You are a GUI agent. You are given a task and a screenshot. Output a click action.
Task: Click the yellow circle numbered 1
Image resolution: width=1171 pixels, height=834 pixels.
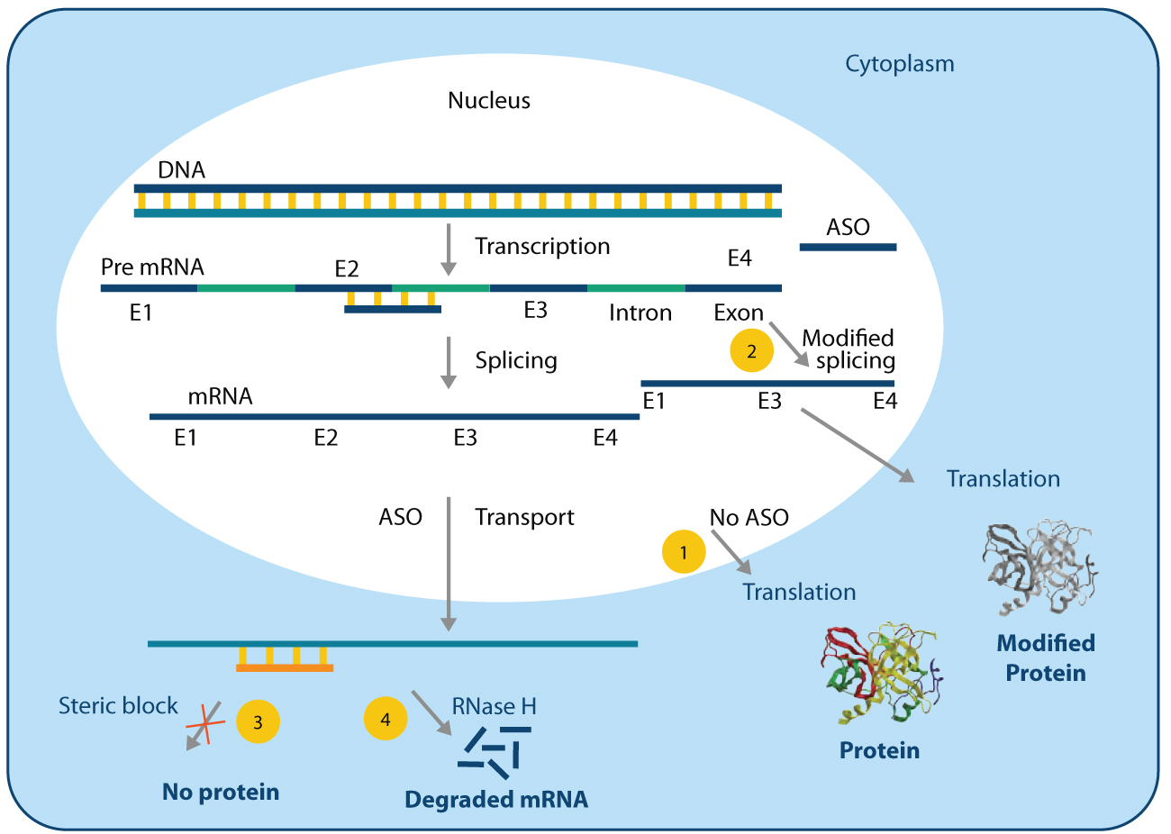[x=684, y=552]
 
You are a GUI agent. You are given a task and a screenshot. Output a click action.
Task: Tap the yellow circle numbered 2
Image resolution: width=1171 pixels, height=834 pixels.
[x=751, y=350]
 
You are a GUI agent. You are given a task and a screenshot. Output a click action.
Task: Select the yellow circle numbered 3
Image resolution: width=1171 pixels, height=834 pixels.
[x=258, y=721]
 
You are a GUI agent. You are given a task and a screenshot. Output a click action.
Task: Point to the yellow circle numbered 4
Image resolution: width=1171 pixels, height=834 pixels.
[x=386, y=719]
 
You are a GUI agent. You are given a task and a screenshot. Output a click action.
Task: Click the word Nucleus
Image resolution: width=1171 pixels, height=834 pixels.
[x=489, y=101]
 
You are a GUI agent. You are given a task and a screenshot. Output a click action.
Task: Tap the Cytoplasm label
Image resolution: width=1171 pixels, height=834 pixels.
[x=899, y=64]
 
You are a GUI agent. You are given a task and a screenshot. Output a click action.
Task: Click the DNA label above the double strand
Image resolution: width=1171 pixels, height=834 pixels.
[x=181, y=170]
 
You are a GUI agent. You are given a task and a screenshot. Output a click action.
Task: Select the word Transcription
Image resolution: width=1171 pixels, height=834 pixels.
[x=542, y=247]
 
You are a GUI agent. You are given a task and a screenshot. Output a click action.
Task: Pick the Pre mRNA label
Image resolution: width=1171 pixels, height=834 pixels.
[x=152, y=267]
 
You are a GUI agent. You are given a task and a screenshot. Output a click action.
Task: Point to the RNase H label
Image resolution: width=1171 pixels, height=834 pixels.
[x=494, y=707]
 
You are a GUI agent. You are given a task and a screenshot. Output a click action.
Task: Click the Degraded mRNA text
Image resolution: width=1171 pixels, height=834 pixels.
[x=496, y=799]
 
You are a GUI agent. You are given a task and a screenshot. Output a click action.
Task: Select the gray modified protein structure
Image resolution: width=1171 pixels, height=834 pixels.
[x=1041, y=565]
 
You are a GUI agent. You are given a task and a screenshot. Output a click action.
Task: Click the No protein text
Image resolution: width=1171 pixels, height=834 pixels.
[x=221, y=792]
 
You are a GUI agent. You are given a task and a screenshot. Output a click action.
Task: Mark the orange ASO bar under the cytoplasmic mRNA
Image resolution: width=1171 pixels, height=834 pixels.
[x=285, y=668]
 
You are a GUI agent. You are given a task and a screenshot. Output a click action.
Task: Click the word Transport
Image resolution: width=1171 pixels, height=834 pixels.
[x=524, y=518]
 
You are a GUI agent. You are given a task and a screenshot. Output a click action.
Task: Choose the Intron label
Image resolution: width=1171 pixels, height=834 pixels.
[x=640, y=313]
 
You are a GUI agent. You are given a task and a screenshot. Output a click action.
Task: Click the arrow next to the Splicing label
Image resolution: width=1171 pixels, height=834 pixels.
[x=449, y=362]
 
